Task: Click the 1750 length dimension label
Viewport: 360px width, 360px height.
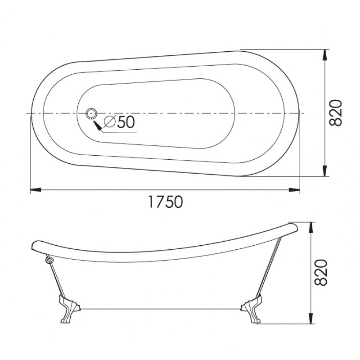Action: (166, 202)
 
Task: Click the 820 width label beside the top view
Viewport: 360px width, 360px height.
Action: (336, 113)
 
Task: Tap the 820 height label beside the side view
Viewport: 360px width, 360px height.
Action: (320, 273)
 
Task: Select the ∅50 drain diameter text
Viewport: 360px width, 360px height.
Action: (119, 122)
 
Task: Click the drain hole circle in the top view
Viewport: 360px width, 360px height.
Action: (92, 113)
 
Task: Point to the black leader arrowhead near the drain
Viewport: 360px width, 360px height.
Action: (97, 126)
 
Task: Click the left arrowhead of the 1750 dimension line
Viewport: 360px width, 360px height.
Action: (36, 190)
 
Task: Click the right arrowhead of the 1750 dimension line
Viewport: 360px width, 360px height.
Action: (294, 190)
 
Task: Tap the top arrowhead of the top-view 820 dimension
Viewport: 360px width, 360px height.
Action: (324, 55)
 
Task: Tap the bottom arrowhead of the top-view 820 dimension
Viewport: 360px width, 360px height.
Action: (324, 171)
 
